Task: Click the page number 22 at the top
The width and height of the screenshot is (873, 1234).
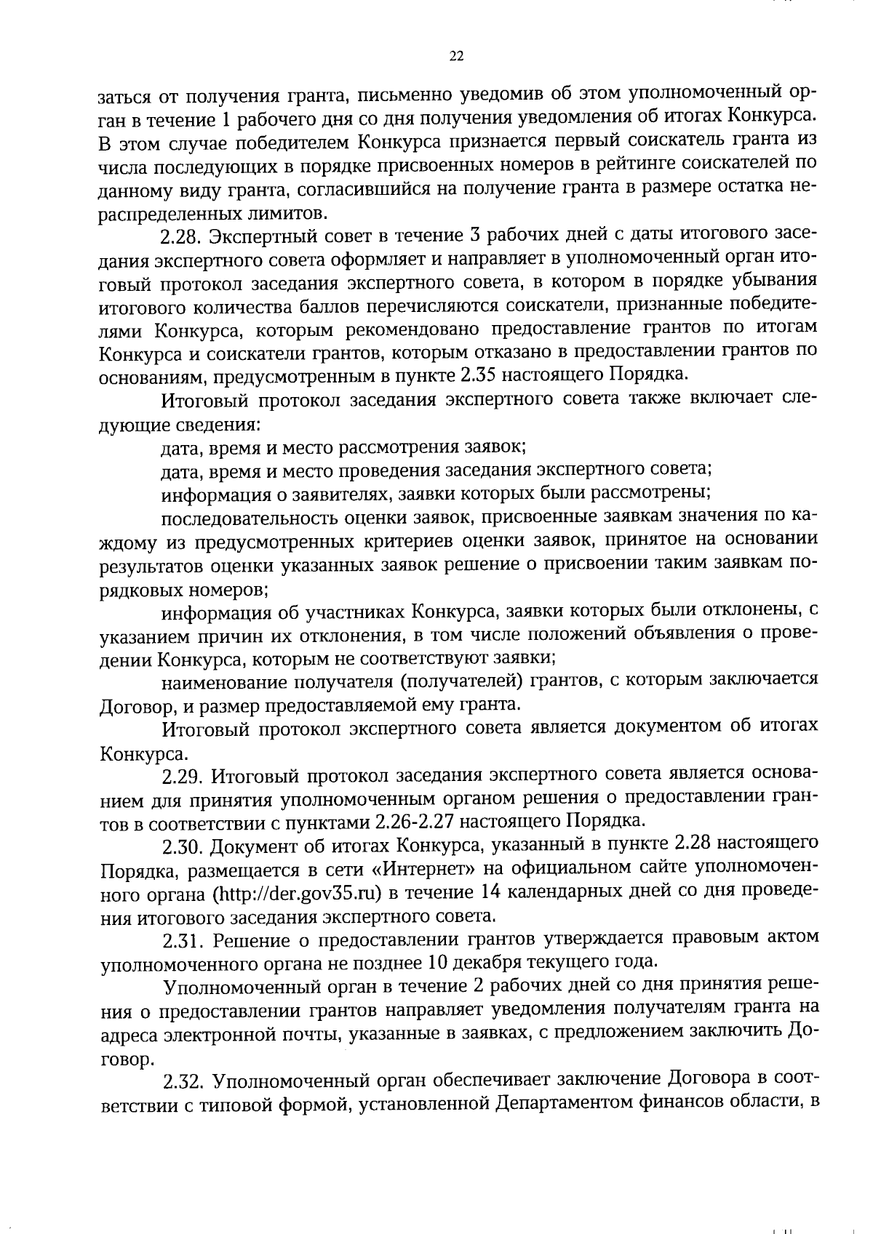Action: (456, 57)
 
